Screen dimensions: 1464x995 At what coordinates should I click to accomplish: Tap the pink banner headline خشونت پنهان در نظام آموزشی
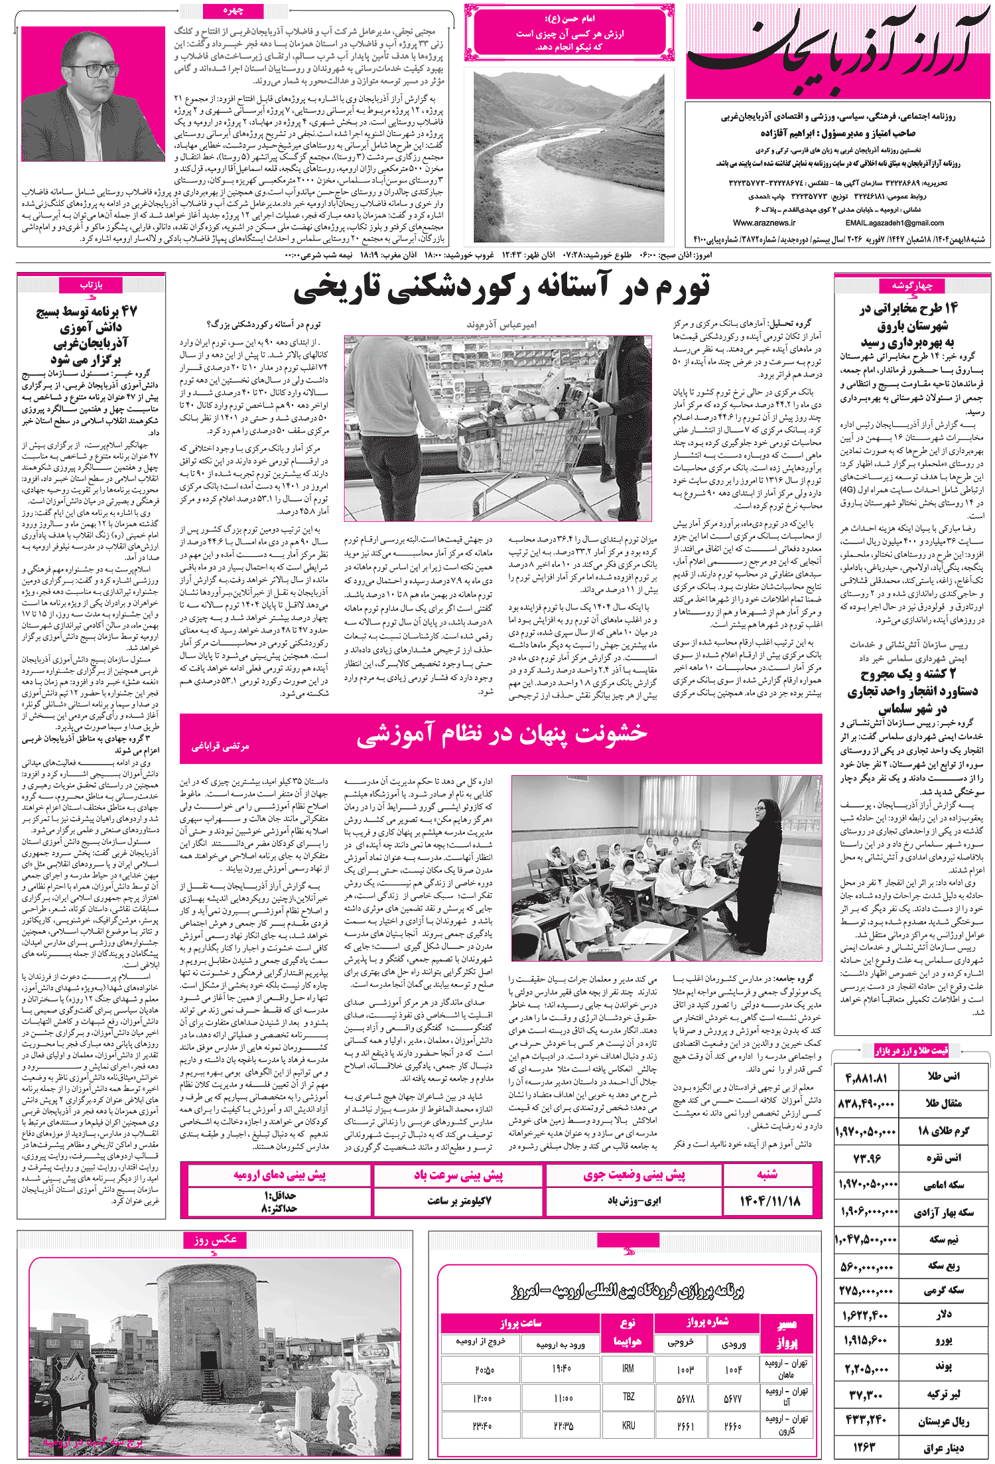501,734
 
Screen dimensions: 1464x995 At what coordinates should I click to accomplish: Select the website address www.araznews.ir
764,223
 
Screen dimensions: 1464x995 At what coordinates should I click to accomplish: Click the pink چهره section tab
233,11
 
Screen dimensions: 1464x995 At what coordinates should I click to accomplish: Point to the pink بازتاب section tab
91,285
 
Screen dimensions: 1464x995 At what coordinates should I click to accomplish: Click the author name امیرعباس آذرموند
501,325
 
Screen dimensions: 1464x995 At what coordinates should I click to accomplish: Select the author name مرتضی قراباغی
220,747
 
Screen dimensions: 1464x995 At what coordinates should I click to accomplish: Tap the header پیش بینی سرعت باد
458,1175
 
